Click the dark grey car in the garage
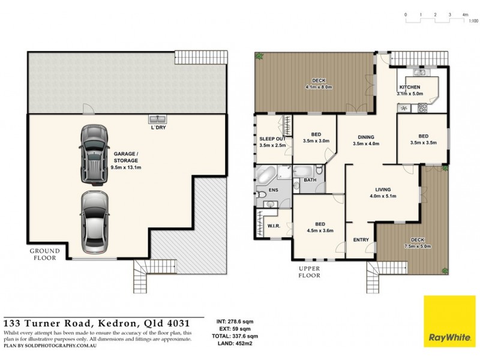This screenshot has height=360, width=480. (x=93, y=153)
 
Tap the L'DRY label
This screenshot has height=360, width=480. (x=158, y=128)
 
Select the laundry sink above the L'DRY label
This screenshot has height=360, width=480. (x=158, y=119)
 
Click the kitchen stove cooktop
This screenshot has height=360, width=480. (x=422, y=109)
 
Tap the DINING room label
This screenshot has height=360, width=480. (x=366, y=137)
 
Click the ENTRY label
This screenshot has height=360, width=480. (x=361, y=239)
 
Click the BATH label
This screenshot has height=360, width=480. (x=310, y=180)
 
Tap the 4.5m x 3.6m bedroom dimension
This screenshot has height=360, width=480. (x=319, y=230)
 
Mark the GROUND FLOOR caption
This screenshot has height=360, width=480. (x=45, y=254)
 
